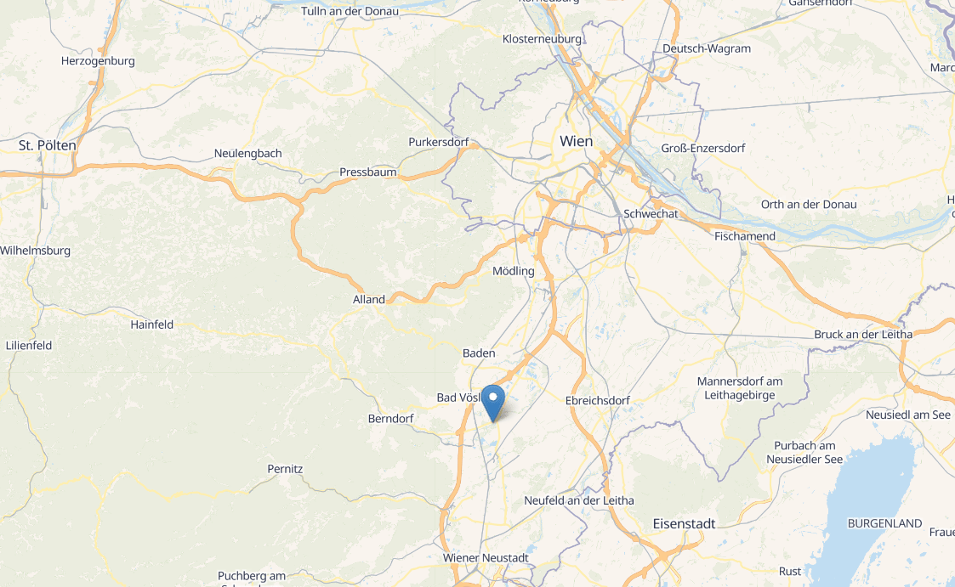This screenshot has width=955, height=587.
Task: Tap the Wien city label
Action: pyautogui.click(x=576, y=141)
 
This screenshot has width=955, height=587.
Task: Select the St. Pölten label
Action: pyautogui.click(x=48, y=145)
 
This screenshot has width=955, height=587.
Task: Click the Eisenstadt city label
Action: pyautogui.click(x=684, y=523)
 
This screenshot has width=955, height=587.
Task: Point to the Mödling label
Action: pyautogui.click(x=514, y=271)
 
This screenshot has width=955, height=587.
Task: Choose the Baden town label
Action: pyautogui.click(x=479, y=353)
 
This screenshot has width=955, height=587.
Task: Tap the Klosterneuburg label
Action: pyautogui.click(x=542, y=39)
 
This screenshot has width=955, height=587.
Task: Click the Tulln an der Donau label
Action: pyautogui.click(x=344, y=11)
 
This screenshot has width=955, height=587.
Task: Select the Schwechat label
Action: pyautogui.click(x=651, y=214)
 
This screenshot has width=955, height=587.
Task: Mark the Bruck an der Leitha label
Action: pyautogui.click(x=863, y=334)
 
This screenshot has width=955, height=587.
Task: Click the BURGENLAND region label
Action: pyautogui.click(x=885, y=523)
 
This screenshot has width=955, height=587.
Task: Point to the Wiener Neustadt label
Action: pyautogui.click(x=486, y=557)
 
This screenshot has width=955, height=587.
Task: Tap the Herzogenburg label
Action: pyautogui.click(x=99, y=61)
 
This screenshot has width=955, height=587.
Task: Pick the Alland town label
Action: pyautogui.click(x=369, y=299)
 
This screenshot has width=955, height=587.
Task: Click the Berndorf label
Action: pyautogui.click(x=390, y=419)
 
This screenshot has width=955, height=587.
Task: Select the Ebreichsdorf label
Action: pyautogui.click(x=598, y=400)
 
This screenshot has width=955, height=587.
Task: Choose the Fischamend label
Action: pyautogui.click(x=745, y=235)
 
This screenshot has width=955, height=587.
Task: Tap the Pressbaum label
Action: pyautogui.click(x=368, y=172)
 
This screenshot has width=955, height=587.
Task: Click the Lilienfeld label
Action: pyautogui.click(x=29, y=346)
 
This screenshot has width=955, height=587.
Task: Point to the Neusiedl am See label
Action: pyautogui.click(x=908, y=415)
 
